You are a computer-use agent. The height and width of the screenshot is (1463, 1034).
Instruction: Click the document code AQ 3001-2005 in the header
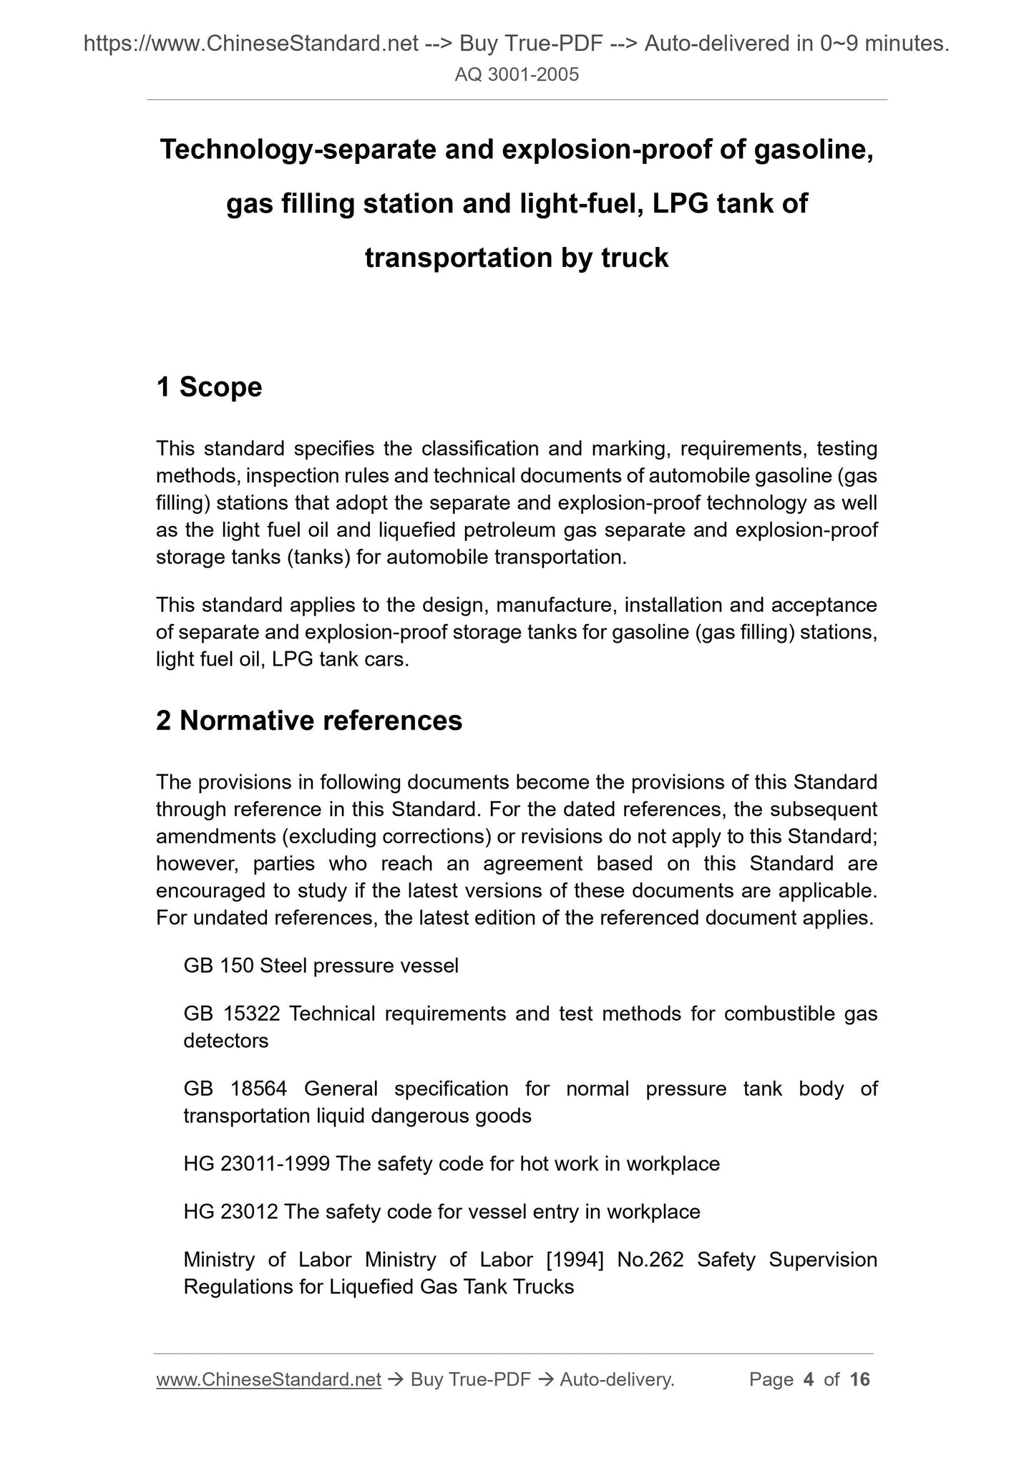(517, 74)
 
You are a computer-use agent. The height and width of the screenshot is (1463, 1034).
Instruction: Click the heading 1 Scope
(209, 387)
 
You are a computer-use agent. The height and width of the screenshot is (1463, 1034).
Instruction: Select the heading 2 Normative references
(309, 721)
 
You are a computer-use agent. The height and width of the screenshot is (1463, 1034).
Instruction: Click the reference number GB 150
(218, 966)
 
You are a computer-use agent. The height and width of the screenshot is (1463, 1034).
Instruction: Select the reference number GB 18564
(235, 1089)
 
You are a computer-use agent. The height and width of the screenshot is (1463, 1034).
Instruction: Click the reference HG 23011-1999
(256, 1164)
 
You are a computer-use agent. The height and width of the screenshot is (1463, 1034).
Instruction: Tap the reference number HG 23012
(230, 1212)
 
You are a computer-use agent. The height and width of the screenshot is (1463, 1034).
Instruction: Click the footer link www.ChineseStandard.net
(268, 1379)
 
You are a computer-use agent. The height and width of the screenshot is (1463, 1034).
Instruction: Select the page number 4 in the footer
(809, 1379)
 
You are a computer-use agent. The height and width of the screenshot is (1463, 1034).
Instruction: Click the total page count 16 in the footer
(859, 1379)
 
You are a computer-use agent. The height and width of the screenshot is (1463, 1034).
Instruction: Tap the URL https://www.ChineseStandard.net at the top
(251, 44)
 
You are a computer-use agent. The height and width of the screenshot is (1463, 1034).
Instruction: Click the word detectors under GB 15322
(226, 1041)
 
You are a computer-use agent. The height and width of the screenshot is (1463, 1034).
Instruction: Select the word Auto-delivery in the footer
(617, 1379)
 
